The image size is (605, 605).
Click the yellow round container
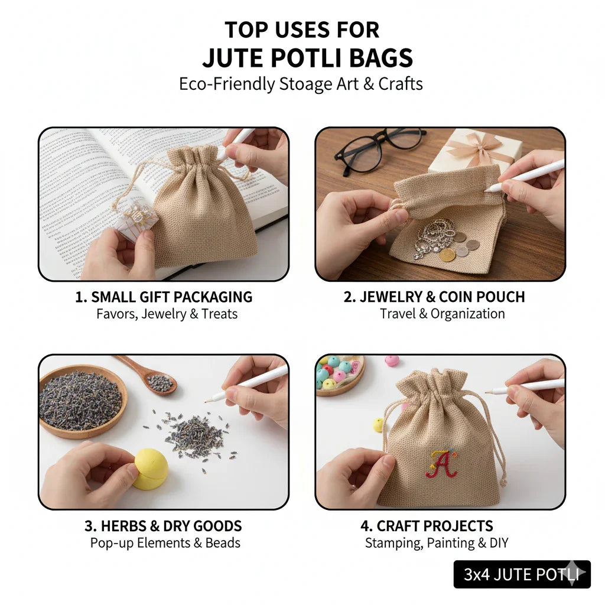(150, 469)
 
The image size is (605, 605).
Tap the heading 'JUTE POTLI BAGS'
(307, 58)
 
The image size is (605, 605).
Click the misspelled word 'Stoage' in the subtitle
(305, 84)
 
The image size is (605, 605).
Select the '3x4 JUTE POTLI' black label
(522, 574)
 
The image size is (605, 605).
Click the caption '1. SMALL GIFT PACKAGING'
(164, 297)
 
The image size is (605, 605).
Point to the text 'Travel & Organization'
(442, 314)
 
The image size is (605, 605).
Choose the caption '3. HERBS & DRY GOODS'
(163, 526)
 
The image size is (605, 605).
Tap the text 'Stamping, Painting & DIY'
(436, 543)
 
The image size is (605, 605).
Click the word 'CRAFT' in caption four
(399, 526)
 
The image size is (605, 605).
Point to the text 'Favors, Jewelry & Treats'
(167, 314)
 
